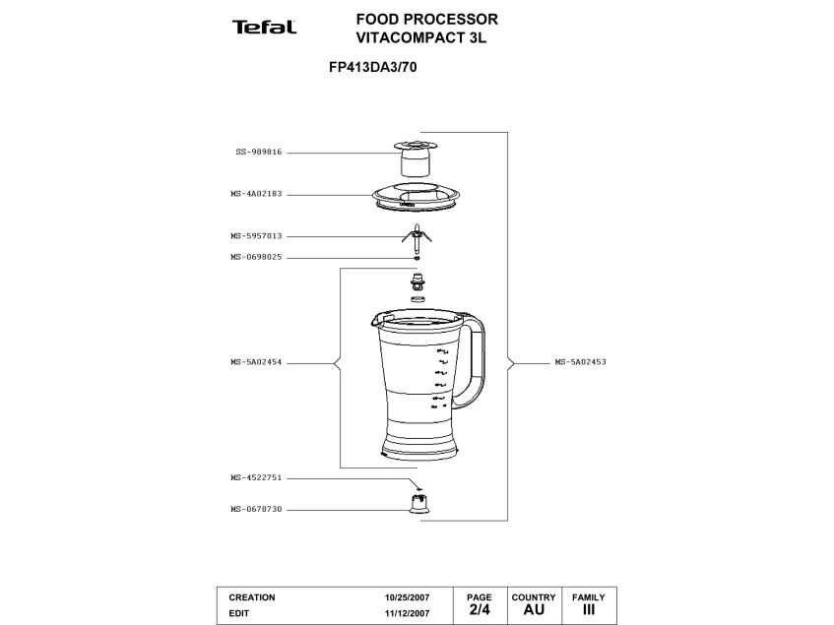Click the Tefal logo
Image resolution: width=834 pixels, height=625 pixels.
[264, 28]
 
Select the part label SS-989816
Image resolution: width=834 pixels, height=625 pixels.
[258, 153]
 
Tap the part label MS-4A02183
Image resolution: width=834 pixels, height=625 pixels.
[256, 194]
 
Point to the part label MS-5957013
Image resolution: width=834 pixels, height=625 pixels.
[256, 236]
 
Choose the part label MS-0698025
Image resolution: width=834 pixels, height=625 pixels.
[256, 257]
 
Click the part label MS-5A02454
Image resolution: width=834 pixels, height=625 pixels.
[256, 362]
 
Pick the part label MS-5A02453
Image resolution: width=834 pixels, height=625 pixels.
[580, 362]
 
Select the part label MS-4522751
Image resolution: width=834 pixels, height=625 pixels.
[256, 477]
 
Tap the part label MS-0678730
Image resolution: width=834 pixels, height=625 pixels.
[256, 509]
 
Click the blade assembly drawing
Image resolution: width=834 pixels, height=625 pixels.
[417, 236]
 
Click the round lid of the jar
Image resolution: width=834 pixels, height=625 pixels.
[417, 197]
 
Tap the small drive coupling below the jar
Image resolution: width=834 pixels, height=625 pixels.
[418, 504]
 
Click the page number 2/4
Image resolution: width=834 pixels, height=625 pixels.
[480, 610]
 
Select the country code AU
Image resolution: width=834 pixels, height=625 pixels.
[533, 610]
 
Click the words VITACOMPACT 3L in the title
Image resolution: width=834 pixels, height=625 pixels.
[421, 38]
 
